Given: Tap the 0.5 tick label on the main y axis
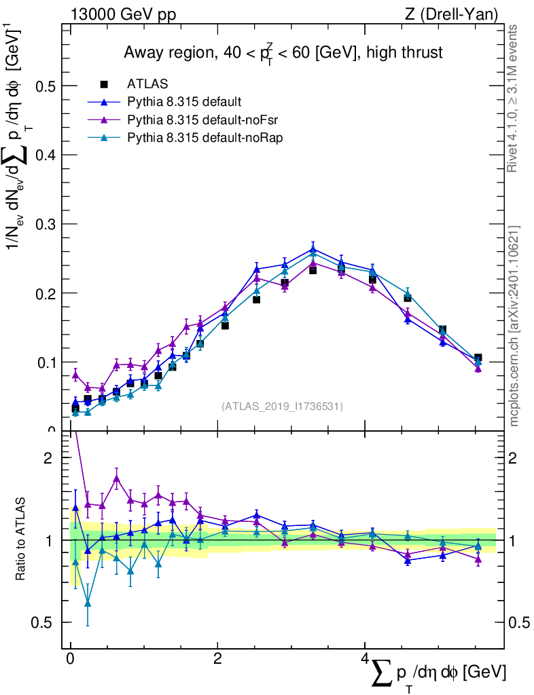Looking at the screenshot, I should (48, 86).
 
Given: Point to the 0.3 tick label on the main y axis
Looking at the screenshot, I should (48, 224).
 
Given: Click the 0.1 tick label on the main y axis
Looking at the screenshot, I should (48, 362).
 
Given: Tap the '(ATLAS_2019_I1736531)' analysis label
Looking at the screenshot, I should (282, 407).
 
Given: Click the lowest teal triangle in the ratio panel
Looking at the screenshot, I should (88, 603).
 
